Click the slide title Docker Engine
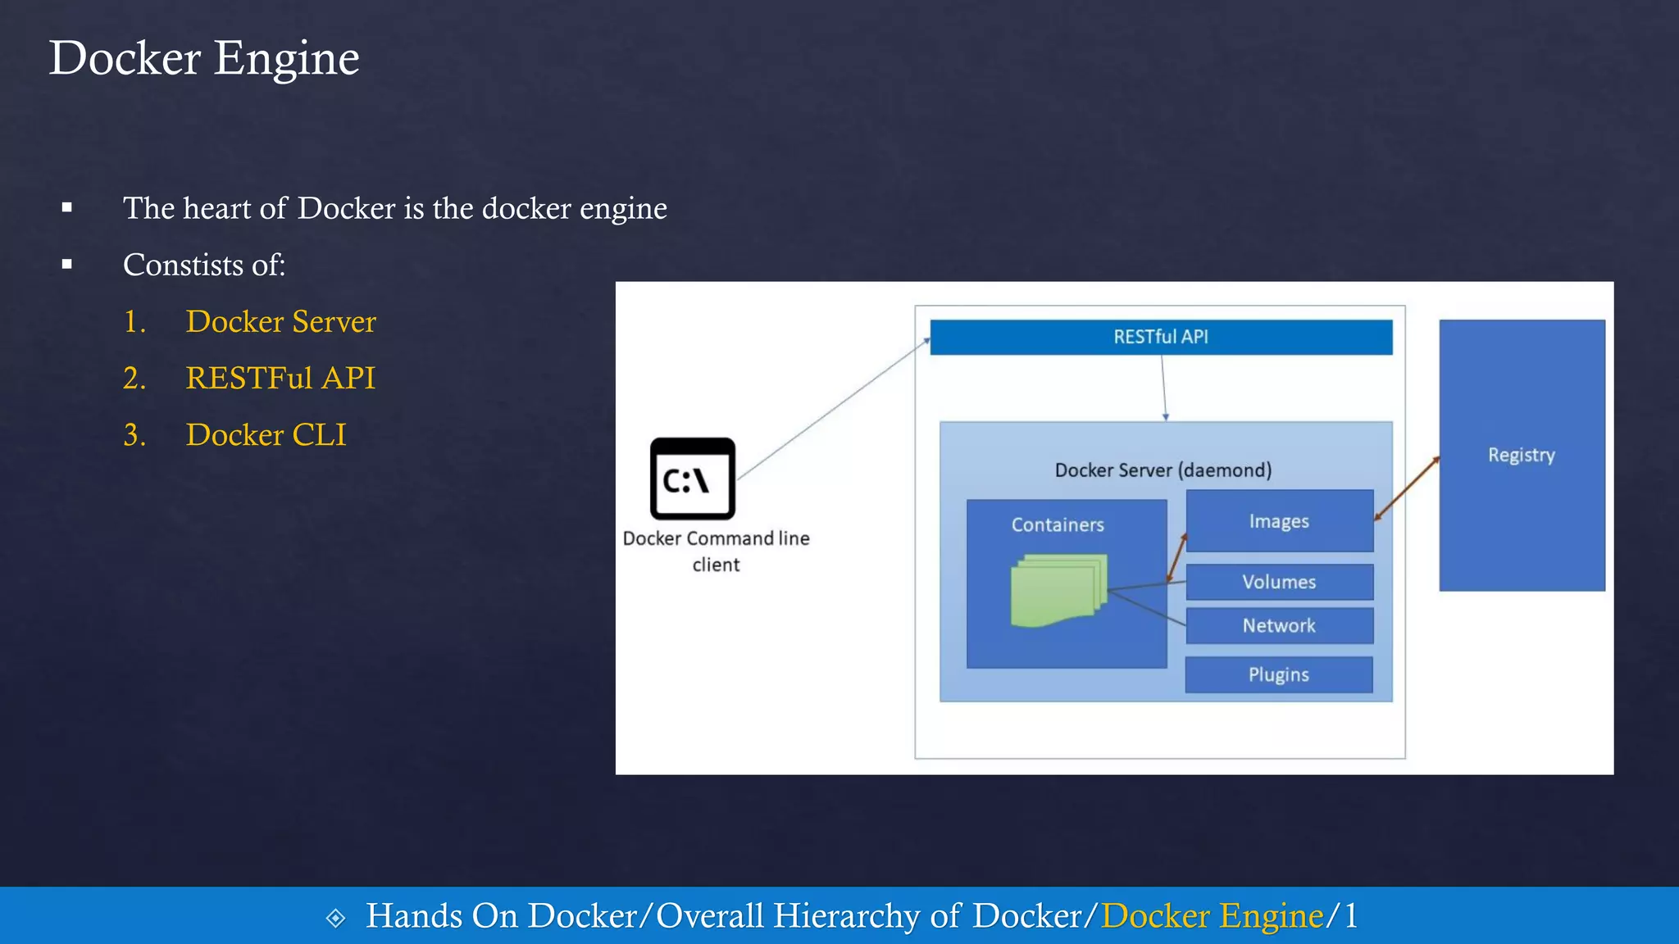pyautogui.click(x=204, y=58)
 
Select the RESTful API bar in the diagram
pyautogui.click(x=1161, y=337)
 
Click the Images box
pyautogui.click(x=1279, y=521)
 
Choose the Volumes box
pyautogui.click(x=1279, y=582)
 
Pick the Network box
pyautogui.click(x=1279, y=625)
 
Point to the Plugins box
pyautogui.click(x=1279, y=674)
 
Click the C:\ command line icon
pyautogui.click(x=692, y=479)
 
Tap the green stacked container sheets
pyautogui.click(x=1058, y=590)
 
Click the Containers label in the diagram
pyautogui.click(x=1058, y=524)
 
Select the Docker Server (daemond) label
pyautogui.click(x=1163, y=470)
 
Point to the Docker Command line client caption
pyautogui.click(x=716, y=551)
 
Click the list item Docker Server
pyautogui.click(x=280, y=321)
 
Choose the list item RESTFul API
pyautogui.click(x=280, y=378)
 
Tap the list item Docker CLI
pyautogui.click(x=266, y=434)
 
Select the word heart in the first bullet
pyautogui.click(x=216, y=208)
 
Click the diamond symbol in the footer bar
pyautogui.click(x=335, y=917)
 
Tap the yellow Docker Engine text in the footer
pyautogui.click(x=1213, y=915)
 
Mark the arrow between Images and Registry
pyautogui.click(x=1407, y=488)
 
